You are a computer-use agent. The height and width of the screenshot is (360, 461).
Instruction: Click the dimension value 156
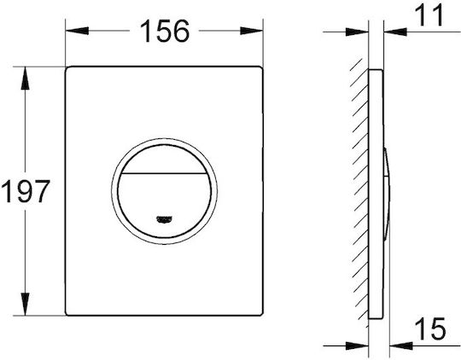pyautogui.click(x=165, y=31)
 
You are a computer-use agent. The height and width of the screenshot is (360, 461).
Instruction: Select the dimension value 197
pyautogui.click(x=26, y=191)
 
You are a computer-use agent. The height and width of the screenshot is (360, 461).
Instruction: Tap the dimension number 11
pyautogui.click(x=429, y=15)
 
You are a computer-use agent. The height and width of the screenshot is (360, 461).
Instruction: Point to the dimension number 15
pyautogui.click(x=430, y=328)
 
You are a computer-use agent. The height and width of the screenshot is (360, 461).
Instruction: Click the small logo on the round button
pyautogui.click(x=165, y=219)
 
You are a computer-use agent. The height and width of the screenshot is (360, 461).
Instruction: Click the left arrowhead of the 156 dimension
pyautogui.click(x=77, y=31)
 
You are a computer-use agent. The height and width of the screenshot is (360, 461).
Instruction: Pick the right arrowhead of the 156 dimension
pyautogui.click(x=251, y=31)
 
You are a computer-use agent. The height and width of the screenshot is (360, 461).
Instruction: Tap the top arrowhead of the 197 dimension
pyautogui.click(x=25, y=78)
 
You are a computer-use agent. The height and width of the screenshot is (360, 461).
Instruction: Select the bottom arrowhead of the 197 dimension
pyautogui.click(x=25, y=305)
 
